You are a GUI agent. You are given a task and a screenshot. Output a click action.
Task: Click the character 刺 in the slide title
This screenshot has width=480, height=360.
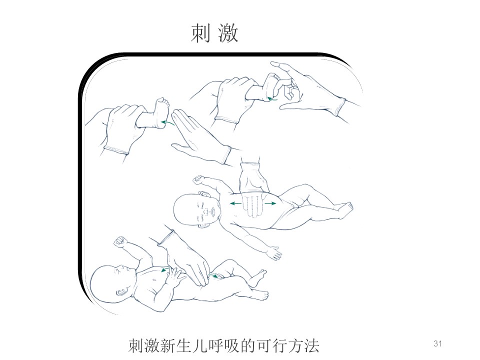click(x=201, y=33)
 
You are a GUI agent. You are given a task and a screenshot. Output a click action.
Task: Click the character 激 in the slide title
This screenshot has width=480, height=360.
click(x=228, y=33)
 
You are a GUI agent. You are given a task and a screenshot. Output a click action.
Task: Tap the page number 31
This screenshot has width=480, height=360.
click(x=438, y=343)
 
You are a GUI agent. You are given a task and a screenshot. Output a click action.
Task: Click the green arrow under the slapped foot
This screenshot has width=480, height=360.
click(x=168, y=123)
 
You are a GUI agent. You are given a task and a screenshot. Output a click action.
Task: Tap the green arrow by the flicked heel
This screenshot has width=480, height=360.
click(x=272, y=98)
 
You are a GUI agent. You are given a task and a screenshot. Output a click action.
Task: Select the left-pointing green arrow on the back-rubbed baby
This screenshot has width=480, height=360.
click(x=235, y=203)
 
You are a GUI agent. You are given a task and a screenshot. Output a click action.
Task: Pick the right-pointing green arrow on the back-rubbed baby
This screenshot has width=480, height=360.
click(x=270, y=203)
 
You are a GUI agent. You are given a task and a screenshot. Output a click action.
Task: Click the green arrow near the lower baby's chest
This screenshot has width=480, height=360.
click(x=165, y=269)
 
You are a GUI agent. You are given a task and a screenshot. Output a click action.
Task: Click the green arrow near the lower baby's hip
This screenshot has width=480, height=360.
click(x=215, y=276)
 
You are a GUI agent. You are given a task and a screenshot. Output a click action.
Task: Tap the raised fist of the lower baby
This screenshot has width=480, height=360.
click(x=120, y=241)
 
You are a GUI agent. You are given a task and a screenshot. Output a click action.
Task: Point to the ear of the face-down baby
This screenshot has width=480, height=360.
click(x=204, y=194)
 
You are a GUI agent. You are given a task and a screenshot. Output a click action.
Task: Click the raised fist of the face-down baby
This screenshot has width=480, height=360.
click(x=198, y=179)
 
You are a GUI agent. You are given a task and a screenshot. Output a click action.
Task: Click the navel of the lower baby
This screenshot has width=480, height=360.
click(x=157, y=279)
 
